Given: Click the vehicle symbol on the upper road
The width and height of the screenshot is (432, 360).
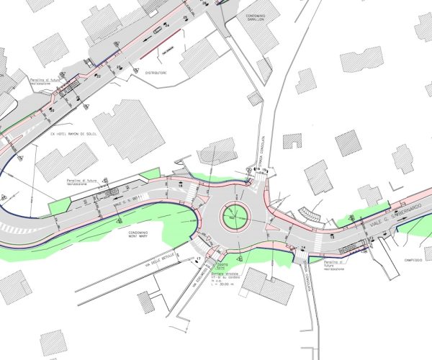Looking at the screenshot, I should point(157,31).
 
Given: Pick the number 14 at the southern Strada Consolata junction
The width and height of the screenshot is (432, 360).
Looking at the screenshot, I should point(302,247).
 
